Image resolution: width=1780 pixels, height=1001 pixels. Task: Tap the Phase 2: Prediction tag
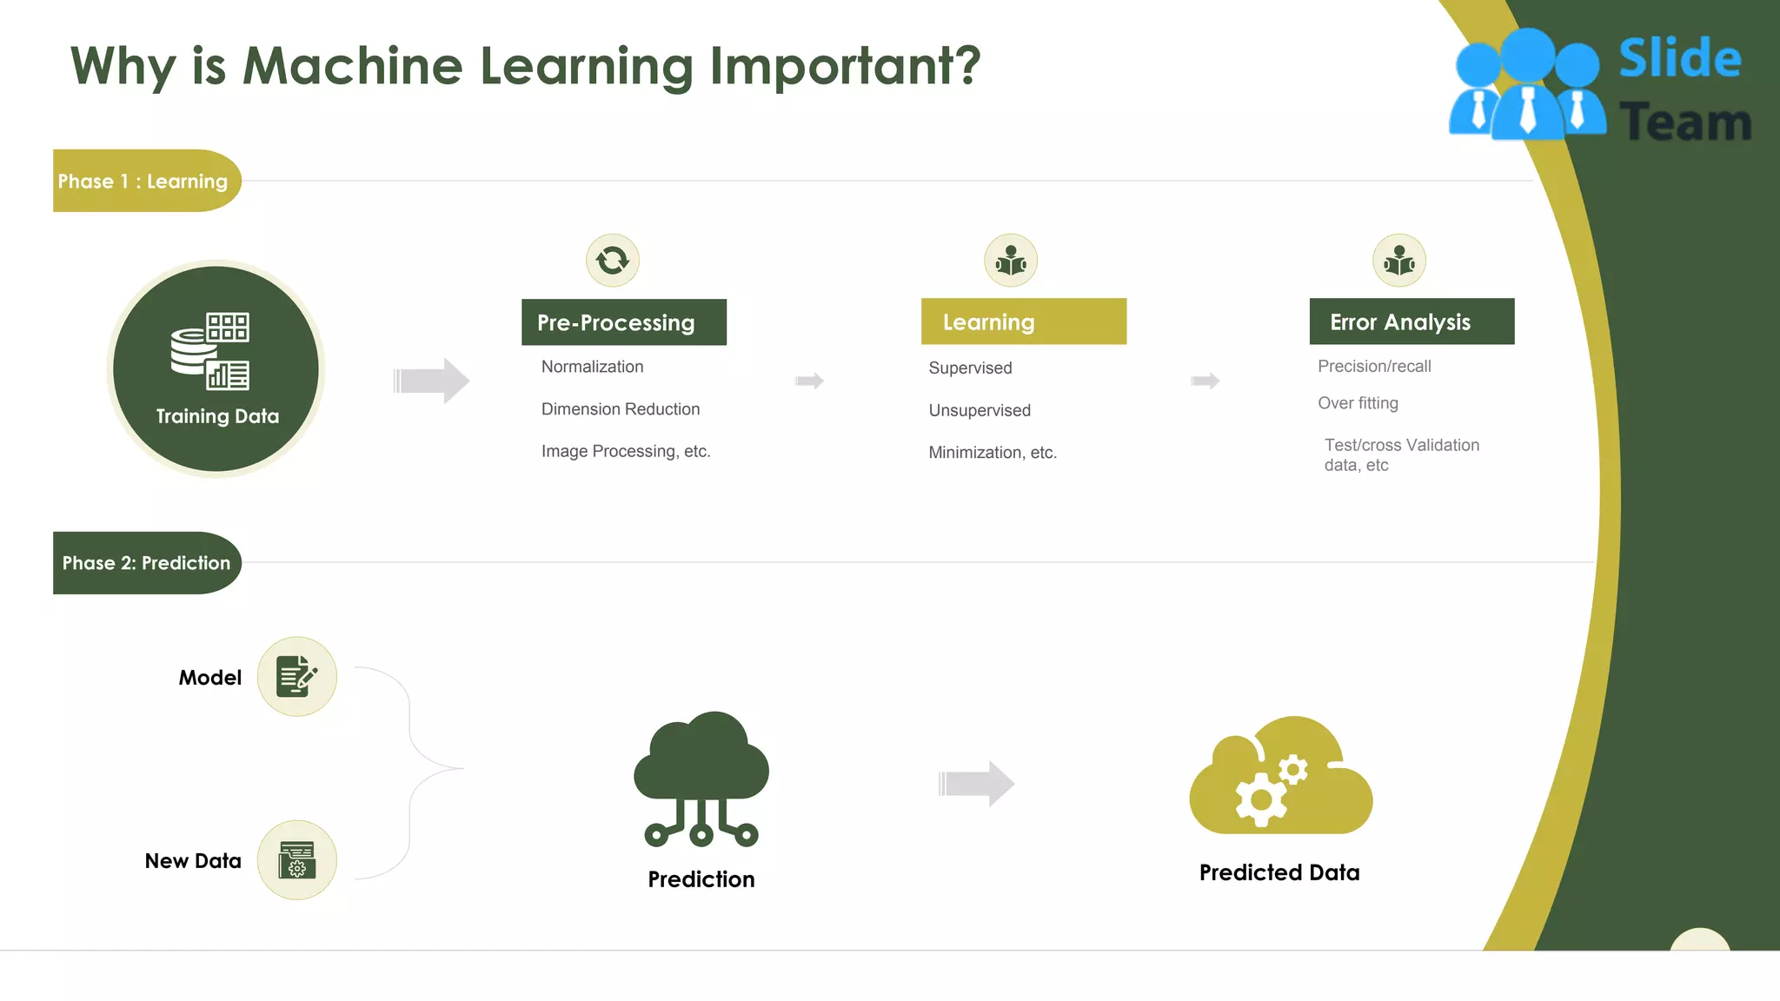click(146, 563)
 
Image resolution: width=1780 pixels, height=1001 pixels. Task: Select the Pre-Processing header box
click(623, 322)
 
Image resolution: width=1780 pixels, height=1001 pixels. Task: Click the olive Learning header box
click(1023, 322)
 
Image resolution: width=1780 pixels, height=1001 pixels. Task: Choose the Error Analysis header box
click(1411, 322)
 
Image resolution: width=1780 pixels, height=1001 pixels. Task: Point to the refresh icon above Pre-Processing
click(613, 260)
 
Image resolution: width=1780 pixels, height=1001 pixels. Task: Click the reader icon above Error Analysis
click(1399, 260)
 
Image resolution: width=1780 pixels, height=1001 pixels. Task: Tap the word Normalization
click(592, 367)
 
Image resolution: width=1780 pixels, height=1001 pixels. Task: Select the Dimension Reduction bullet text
click(620, 409)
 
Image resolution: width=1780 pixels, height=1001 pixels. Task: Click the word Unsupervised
click(979, 410)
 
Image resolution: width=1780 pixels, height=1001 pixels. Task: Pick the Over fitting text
click(1358, 403)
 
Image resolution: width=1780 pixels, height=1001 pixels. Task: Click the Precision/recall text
click(1374, 367)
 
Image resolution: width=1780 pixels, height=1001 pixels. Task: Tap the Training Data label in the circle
click(217, 416)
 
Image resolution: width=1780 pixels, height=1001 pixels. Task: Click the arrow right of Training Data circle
click(431, 381)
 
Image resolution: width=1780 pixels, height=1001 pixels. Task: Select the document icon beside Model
click(296, 676)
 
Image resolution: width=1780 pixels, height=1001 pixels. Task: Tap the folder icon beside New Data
click(296, 859)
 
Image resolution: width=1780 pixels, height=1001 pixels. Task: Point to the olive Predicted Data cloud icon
click(1280, 776)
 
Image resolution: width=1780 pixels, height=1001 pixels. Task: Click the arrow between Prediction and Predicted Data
click(976, 784)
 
